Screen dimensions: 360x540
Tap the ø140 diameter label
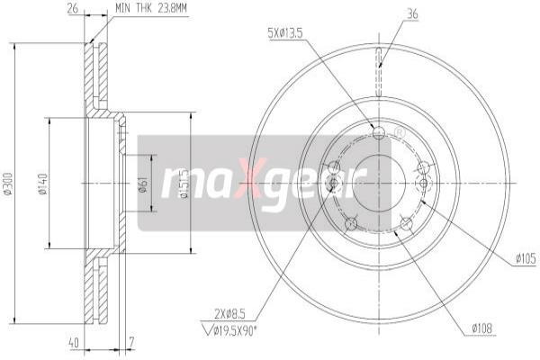tap(41, 187)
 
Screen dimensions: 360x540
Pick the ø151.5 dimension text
tap(184, 184)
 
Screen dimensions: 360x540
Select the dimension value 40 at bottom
tap(73, 342)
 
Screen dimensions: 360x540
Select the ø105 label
tap(525, 259)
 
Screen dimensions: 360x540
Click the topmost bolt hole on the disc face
tap(379, 134)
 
